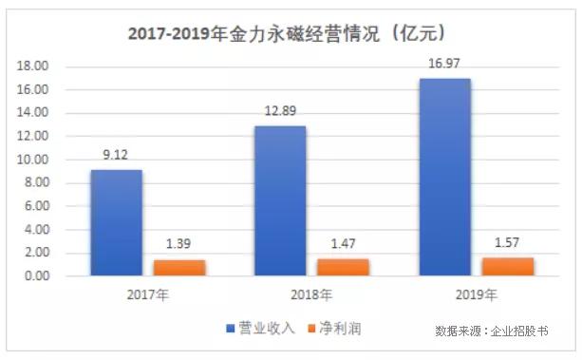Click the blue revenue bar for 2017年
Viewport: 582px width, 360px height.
(116, 223)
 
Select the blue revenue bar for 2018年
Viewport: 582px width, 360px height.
(280, 201)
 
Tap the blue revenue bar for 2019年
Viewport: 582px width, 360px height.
(444, 178)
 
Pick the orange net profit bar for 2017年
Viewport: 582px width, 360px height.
(179, 268)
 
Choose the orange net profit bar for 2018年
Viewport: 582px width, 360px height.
(343, 268)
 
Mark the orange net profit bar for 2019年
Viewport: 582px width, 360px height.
(506, 267)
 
